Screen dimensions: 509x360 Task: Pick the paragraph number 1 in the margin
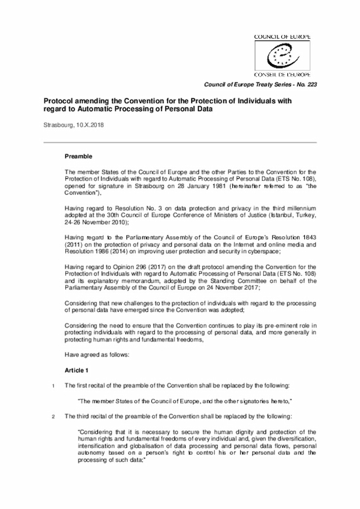[53, 385]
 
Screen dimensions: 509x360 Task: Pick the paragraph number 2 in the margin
[53, 416]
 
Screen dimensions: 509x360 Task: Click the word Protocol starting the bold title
[60, 100]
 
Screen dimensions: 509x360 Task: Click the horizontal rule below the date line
[180, 142]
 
